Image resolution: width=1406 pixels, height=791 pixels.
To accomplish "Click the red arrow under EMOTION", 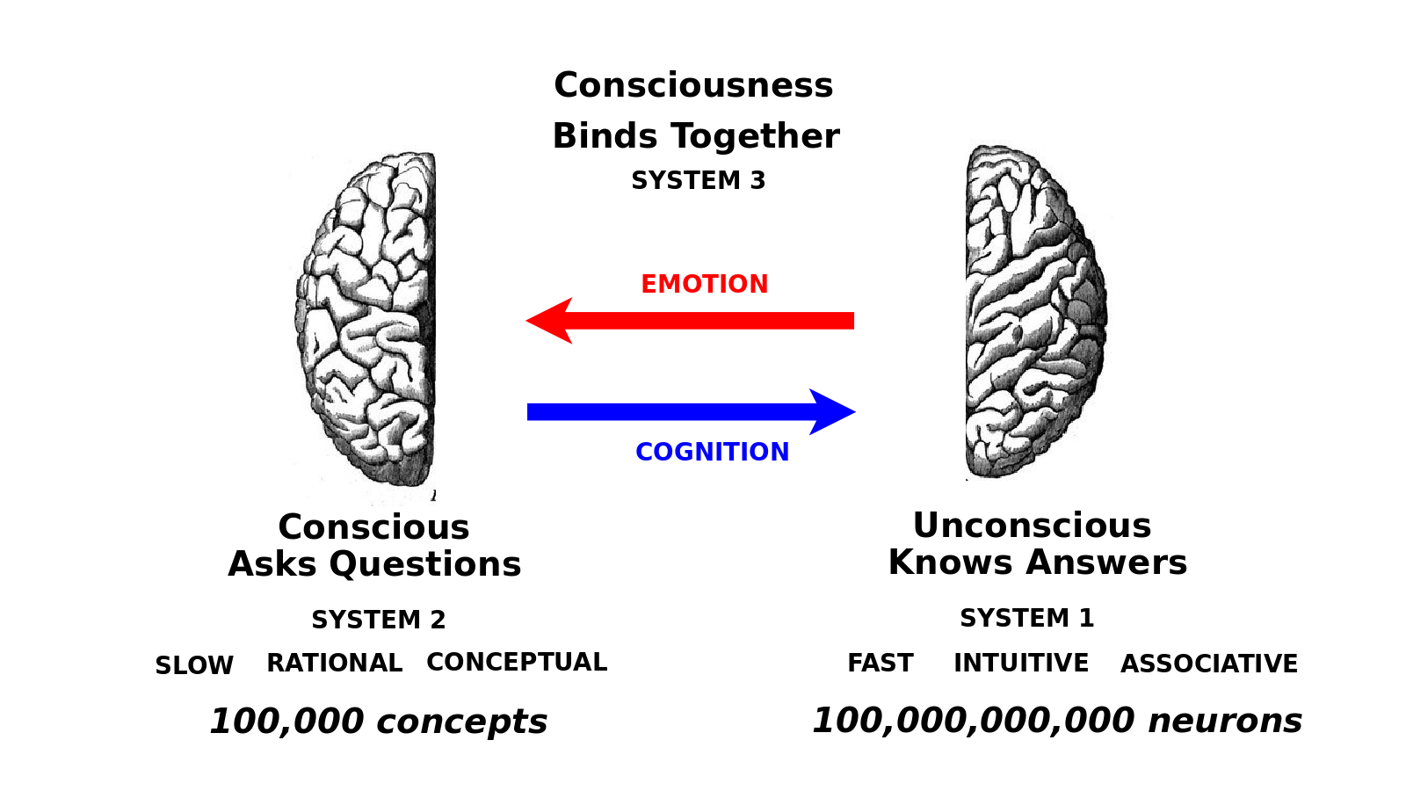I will pos(690,321).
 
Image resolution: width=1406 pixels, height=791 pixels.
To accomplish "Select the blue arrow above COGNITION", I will pos(691,411).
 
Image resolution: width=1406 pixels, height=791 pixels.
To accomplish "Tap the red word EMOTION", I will pos(704,285).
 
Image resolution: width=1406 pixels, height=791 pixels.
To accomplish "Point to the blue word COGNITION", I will pos(712,452).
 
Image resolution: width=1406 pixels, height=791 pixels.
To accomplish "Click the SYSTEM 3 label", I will pos(699,181).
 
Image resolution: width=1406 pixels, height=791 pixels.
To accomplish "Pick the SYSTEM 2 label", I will pos(379,620).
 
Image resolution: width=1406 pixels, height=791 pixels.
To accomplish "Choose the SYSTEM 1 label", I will pos(1026,619).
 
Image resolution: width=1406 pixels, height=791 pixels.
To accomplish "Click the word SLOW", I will pos(194,665).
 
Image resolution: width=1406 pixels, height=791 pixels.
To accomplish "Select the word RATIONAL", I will pos(335,663).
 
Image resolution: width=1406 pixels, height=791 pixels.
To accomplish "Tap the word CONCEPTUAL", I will pos(517,662).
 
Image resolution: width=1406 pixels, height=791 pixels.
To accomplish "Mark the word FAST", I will pos(880,663).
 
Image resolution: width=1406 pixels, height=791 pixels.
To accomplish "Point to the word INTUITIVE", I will pos(1021,663).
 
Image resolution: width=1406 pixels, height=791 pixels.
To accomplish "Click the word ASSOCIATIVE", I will pos(1209,664).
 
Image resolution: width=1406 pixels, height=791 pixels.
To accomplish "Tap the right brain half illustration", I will pos(1033,312).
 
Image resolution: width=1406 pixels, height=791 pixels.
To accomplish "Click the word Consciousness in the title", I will pos(693,85).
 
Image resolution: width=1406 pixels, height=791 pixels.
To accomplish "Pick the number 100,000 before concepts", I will pos(286,722).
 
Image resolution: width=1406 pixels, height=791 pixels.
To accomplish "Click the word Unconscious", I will pos(1032,526).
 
